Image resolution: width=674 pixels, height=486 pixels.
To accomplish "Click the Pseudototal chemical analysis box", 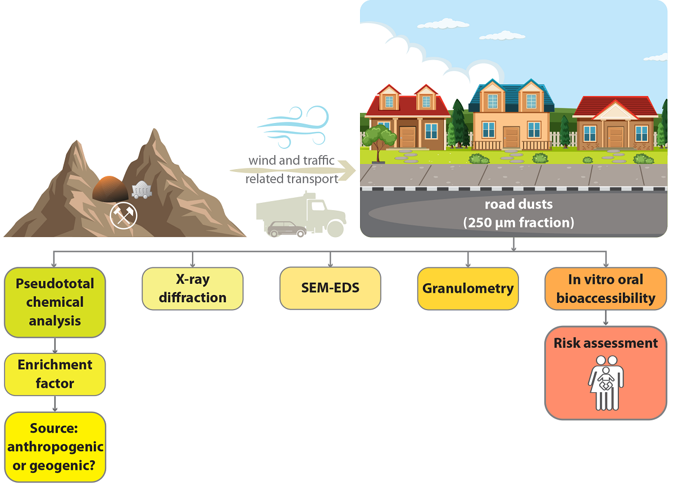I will pos(55,302).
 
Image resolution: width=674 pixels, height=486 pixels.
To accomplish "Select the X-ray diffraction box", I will pos(193,288).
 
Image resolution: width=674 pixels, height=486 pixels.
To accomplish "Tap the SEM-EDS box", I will pos(330,288).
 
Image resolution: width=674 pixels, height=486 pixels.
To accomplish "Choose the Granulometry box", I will pos(468,288).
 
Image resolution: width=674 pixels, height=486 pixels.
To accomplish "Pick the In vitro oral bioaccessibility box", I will pos(605,288).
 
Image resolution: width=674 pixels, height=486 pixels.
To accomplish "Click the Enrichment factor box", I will pos(55,374).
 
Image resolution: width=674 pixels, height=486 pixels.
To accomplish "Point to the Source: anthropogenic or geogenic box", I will pos(55,447).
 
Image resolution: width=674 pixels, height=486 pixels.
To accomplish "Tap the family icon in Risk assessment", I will pos(605,382).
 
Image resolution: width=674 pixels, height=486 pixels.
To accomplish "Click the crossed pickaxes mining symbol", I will pos(123,215).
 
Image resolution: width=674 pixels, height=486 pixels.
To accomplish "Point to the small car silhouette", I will pos(286,229).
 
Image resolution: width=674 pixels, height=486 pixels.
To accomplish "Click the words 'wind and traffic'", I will pos(292,160).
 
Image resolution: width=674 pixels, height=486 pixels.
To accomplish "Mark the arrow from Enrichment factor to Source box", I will pos(55,403).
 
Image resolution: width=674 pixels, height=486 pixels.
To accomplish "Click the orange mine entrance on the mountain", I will pos(111,188).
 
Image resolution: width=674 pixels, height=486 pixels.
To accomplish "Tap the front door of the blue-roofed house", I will pos(511,137).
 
